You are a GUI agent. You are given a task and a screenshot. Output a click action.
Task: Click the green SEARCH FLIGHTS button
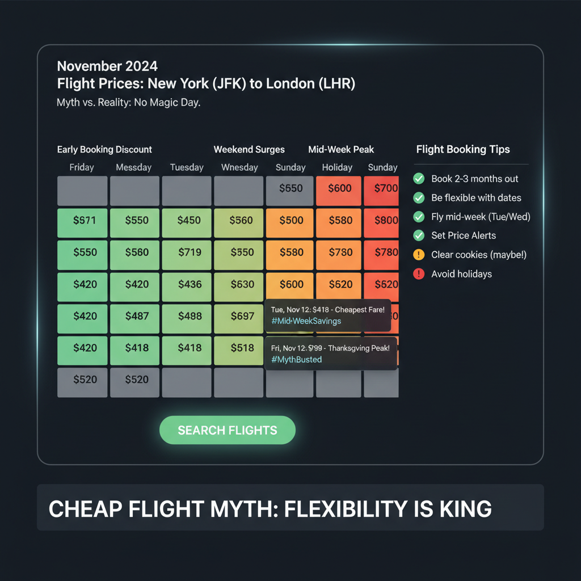(x=228, y=430)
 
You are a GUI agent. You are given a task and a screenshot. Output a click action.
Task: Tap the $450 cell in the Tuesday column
(x=189, y=220)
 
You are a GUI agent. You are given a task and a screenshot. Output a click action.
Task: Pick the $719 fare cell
(x=189, y=252)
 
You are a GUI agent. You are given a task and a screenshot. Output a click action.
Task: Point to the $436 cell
(x=189, y=284)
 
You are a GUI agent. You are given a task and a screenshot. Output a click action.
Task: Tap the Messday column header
(x=134, y=167)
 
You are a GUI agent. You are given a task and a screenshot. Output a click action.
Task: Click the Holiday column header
(x=337, y=167)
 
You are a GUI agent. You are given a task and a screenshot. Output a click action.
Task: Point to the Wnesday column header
(x=239, y=167)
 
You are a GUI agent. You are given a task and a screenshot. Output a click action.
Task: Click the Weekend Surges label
(x=249, y=150)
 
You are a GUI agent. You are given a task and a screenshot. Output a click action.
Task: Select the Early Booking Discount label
(x=104, y=150)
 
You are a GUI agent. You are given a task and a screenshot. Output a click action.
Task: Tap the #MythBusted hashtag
(x=296, y=359)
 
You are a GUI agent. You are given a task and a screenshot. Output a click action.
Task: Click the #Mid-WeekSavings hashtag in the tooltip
(x=306, y=321)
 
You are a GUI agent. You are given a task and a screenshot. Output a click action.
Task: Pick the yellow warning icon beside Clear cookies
(x=419, y=255)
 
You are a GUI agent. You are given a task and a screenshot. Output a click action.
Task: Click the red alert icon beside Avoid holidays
(x=419, y=274)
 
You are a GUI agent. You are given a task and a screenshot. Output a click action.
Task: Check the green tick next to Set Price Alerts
(x=419, y=235)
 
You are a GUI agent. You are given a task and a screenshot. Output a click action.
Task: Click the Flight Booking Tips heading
(x=463, y=150)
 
